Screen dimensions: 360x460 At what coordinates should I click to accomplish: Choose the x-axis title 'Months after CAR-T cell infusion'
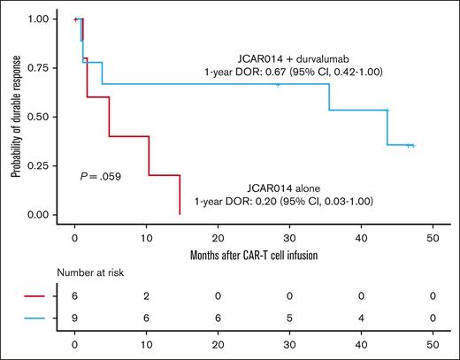(254, 256)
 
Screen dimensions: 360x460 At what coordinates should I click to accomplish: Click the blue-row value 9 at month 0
(74, 319)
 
